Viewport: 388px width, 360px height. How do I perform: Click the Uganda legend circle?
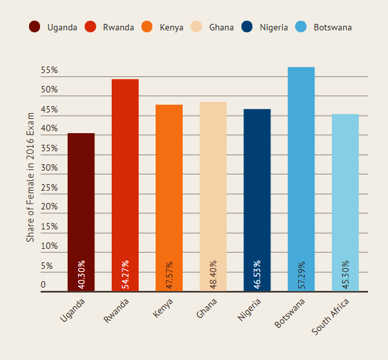[35, 27]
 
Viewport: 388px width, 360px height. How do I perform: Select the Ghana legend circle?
[197, 27]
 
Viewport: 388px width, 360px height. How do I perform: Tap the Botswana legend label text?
[332, 28]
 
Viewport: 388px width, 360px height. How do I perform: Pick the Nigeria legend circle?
[247, 27]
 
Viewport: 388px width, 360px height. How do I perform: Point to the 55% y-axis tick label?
[50, 70]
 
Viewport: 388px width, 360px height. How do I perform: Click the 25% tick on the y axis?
[50, 187]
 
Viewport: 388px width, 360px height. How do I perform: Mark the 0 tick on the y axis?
[43, 284]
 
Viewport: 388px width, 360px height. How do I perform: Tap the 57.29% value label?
[301, 274]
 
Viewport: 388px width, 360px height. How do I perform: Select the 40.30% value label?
[81, 274]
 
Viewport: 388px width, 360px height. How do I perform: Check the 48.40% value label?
[213, 274]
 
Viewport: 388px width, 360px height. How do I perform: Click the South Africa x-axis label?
[331, 316]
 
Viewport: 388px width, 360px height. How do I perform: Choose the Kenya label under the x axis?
[163, 308]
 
